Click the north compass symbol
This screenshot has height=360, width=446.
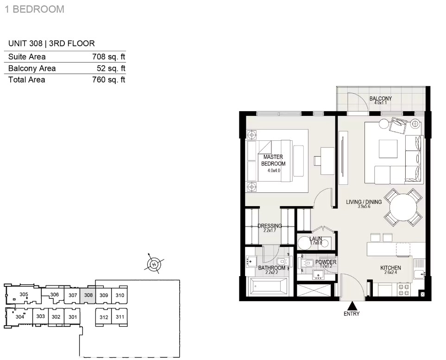pyautogui.click(x=154, y=264)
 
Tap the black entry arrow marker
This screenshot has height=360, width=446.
pyautogui.click(x=352, y=306)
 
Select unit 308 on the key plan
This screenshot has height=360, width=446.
pyautogui.click(x=88, y=296)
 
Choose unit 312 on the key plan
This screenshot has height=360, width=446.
pyautogui.click(x=104, y=317)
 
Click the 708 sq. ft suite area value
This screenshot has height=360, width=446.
pyautogui.click(x=109, y=57)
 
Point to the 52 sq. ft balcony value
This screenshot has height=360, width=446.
pyautogui.click(x=111, y=68)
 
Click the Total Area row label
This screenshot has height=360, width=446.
pyautogui.click(x=27, y=80)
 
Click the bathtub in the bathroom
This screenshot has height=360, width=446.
pyautogui.click(x=269, y=287)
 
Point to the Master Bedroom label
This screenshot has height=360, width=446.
pyautogui.click(x=273, y=160)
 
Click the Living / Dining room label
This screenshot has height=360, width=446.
pyautogui.click(x=364, y=202)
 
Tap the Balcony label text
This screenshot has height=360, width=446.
pyautogui.click(x=381, y=99)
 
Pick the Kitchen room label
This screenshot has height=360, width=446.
pyautogui.click(x=390, y=268)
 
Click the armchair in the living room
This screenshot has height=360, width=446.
pyautogui.click(x=398, y=125)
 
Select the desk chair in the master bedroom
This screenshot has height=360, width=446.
pyautogui.click(x=317, y=160)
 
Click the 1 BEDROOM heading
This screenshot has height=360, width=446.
pyautogui.click(x=34, y=9)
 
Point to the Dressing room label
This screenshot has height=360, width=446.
pyautogui.click(x=270, y=226)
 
